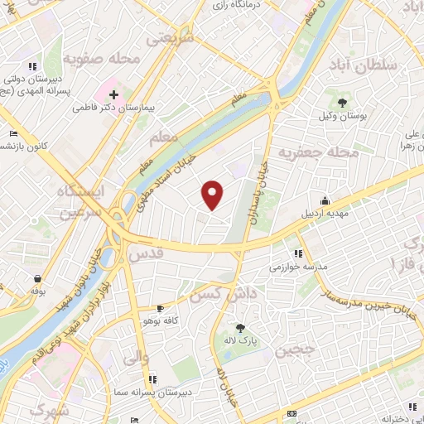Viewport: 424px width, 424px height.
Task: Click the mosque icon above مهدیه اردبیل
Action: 325,200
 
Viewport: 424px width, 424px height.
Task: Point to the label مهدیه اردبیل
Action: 320,214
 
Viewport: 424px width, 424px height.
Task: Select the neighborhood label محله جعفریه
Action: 318,152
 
